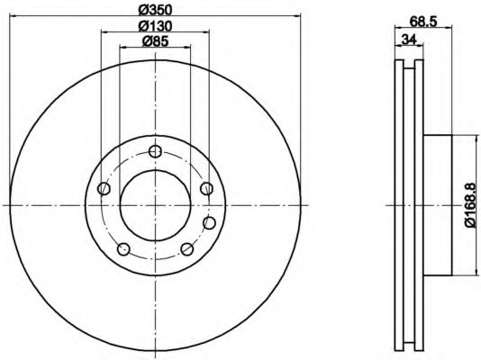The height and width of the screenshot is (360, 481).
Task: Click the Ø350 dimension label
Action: pyautogui.click(x=155, y=11)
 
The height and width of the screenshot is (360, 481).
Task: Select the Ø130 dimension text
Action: pyautogui.click(x=155, y=26)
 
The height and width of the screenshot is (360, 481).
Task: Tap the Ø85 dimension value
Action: pyautogui.click(x=155, y=41)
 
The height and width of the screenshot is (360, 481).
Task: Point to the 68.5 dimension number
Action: pyautogui.click(x=423, y=22)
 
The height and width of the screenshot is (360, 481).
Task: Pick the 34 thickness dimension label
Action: pyautogui.click(x=409, y=40)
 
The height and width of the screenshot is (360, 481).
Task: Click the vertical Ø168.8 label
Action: pyautogui.click(x=472, y=204)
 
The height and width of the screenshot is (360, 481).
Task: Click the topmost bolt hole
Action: pyautogui.click(x=155, y=151)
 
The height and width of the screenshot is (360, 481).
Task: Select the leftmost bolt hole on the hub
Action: pyautogui.click(x=104, y=188)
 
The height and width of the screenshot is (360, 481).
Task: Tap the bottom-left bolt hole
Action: pyautogui.click(x=123, y=249)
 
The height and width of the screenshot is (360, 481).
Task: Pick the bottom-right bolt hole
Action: pyautogui.click(x=187, y=249)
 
